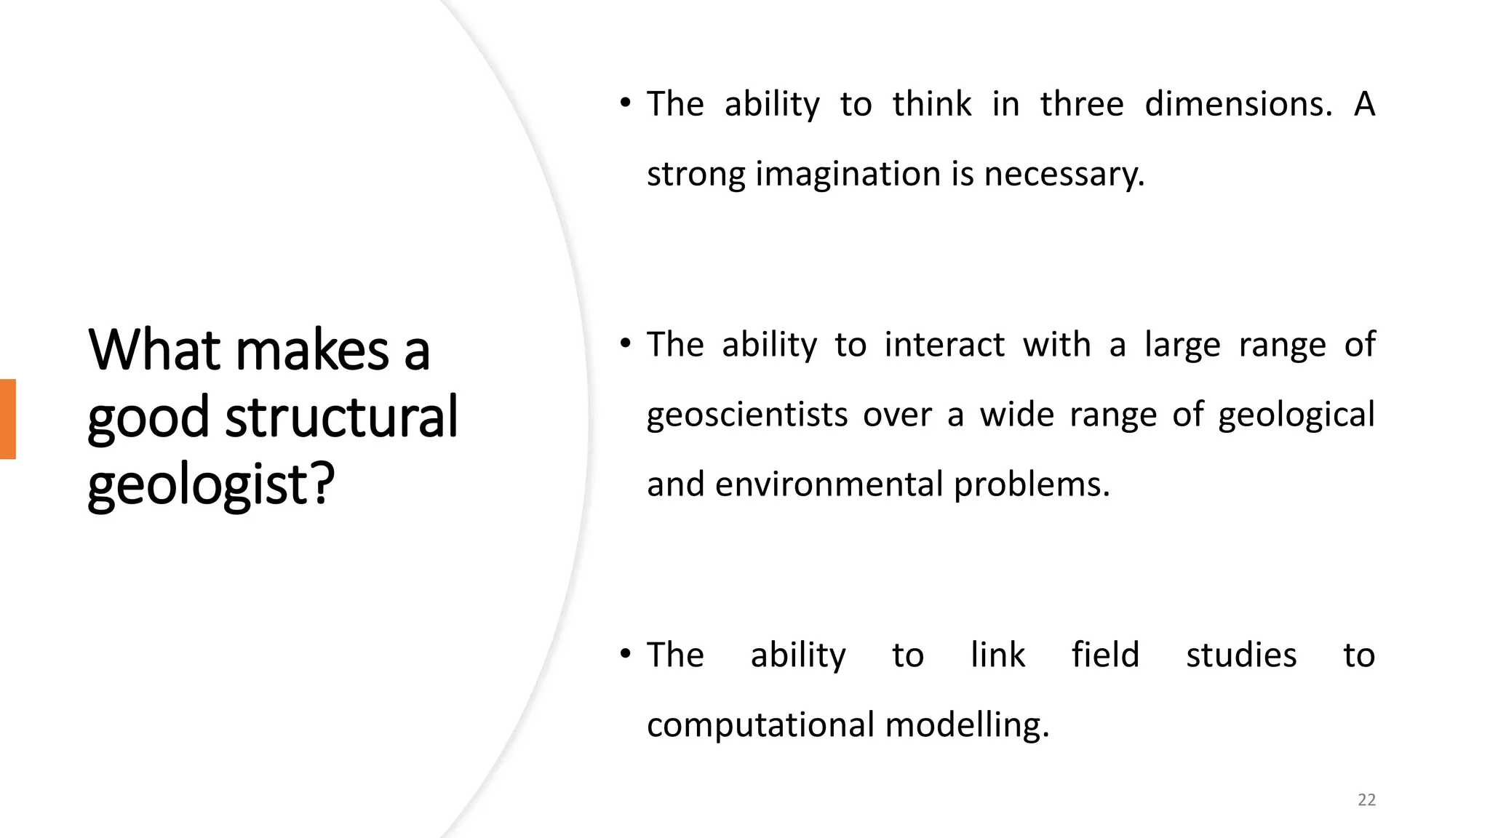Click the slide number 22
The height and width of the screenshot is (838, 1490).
pyautogui.click(x=1366, y=800)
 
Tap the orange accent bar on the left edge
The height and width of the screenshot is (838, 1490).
pyautogui.click(x=8, y=419)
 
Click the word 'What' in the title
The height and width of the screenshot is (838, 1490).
pyautogui.click(x=154, y=351)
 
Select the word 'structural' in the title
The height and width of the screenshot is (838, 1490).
pyautogui.click(x=341, y=418)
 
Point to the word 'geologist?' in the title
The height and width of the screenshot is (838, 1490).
pyautogui.click(x=211, y=484)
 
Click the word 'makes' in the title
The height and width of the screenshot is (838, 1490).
pyautogui.click(x=312, y=351)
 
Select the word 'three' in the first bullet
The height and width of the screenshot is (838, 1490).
pyautogui.click(x=1082, y=104)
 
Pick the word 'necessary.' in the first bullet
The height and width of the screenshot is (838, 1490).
pyautogui.click(x=1064, y=175)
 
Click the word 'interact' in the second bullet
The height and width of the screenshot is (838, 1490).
pyautogui.click(x=944, y=344)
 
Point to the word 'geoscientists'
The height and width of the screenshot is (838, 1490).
pyautogui.click(x=747, y=415)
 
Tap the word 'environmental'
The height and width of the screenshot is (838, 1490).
pyautogui.click(x=829, y=484)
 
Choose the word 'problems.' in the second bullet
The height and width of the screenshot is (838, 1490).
pyautogui.click(x=1032, y=484)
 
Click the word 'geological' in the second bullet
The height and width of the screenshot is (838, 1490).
pyautogui.click(x=1296, y=415)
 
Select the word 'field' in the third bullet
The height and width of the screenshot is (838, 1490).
pyautogui.click(x=1105, y=655)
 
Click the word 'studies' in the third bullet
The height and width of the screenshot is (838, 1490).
pyautogui.click(x=1241, y=655)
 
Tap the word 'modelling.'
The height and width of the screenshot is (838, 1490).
pyautogui.click(x=967, y=725)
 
